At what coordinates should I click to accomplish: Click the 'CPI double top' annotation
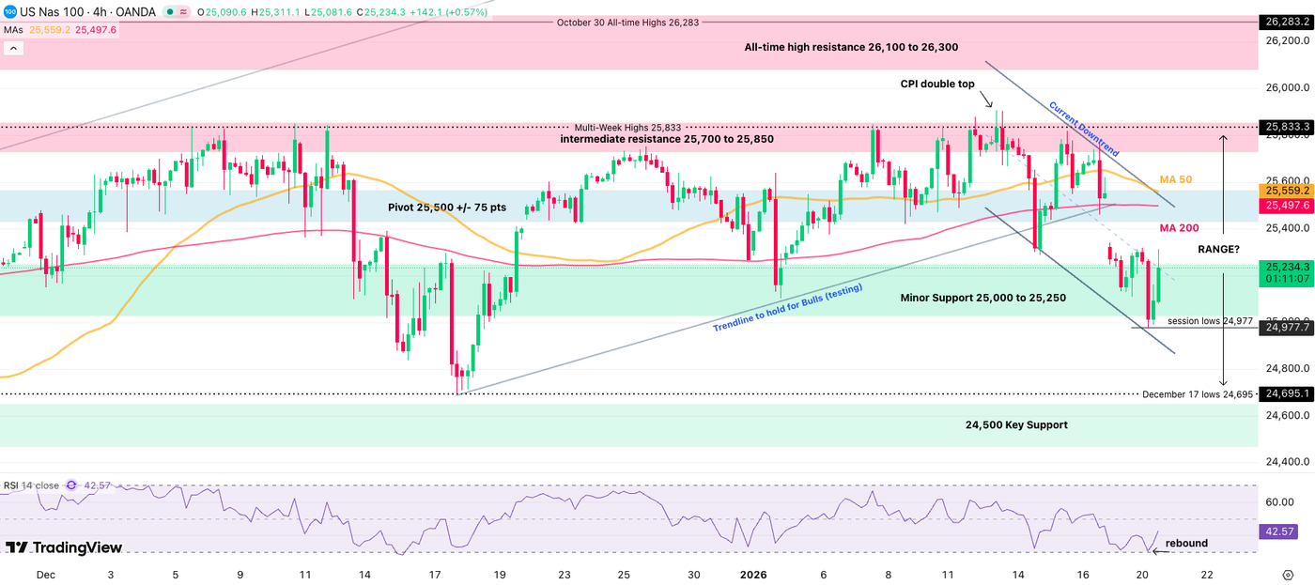coord(936,84)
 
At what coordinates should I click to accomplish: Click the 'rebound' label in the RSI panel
coord(1186,543)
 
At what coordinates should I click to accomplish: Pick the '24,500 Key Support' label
coord(1016,424)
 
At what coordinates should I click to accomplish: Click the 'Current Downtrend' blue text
coord(1084,129)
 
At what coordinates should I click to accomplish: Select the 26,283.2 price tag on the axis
coord(1285,22)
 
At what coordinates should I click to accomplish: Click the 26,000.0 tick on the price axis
coord(1288,87)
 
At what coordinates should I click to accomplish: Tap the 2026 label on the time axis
coord(753,573)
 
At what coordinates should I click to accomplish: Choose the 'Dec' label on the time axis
coord(45,573)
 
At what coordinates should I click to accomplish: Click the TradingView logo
coord(64,547)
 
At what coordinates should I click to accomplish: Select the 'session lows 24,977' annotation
coord(1210,321)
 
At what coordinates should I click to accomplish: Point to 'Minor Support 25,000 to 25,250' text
coord(982,297)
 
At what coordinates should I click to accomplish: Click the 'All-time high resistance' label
coord(851,47)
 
